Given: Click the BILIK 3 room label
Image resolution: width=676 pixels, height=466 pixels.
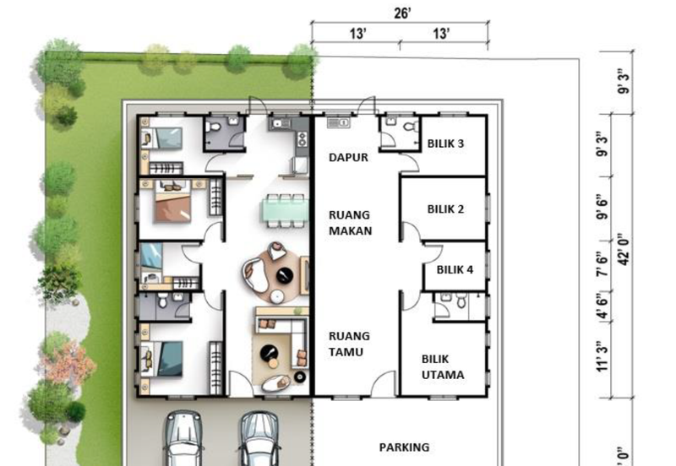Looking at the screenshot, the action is [x=445, y=144].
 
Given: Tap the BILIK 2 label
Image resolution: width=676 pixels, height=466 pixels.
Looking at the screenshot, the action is [x=445, y=209].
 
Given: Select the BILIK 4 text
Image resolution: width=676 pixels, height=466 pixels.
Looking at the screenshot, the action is [x=455, y=269].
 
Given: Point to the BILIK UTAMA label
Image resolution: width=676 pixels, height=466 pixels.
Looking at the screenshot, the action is [x=443, y=367].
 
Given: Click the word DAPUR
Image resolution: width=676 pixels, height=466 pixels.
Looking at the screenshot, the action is [x=348, y=157].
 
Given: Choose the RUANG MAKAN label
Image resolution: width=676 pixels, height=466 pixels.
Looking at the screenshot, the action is [x=350, y=223].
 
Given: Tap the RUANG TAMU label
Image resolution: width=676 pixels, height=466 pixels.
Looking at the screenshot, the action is [x=349, y=344].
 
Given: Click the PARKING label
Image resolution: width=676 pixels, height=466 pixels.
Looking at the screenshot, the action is [x=404, y=447].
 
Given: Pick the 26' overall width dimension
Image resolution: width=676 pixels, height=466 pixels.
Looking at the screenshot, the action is [x=402, y=14].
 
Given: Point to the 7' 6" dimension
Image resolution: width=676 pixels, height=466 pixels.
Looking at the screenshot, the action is [x=602, y=264].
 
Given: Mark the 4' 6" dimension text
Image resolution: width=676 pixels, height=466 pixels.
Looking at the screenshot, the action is [x=602, y=306].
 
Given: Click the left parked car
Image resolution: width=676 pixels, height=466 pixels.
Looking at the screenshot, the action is [x=183, y=437].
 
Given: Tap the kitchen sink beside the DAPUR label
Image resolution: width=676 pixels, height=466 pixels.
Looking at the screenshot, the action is [x=338, y=123].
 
